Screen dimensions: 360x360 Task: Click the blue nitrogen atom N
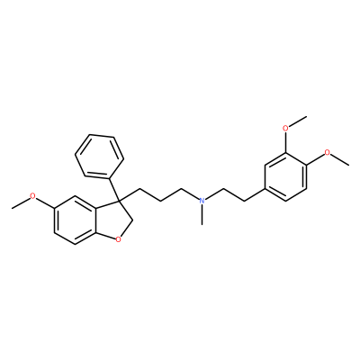coord(202,201)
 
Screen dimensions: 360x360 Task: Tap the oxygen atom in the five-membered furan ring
coord(119,239)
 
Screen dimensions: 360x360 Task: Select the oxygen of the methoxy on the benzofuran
coord(33,197)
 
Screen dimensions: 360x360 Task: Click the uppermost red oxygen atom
coord(285,128)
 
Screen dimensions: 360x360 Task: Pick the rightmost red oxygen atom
coord(328,153)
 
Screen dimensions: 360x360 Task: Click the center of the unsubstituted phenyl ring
coord(99,156)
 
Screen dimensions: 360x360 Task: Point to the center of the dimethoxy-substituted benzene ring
coord(285,176)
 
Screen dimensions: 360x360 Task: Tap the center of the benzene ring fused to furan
coord(76,220)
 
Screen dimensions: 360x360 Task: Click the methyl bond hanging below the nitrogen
coord(202,215)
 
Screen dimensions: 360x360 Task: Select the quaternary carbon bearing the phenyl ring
coord(118,200)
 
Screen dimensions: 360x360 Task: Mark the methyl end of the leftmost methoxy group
coord(13,208)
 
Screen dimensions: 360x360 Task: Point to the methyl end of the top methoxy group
coord(306,116)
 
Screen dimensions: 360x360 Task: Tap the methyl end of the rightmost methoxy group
coord(348,165)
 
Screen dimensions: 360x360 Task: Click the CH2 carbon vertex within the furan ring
coord(133,220)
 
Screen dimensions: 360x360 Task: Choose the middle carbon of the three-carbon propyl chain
coord(160,201)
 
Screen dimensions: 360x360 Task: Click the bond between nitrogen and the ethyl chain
coord(214,194)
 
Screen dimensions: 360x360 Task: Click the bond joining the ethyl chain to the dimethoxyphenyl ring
coord(254,194)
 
